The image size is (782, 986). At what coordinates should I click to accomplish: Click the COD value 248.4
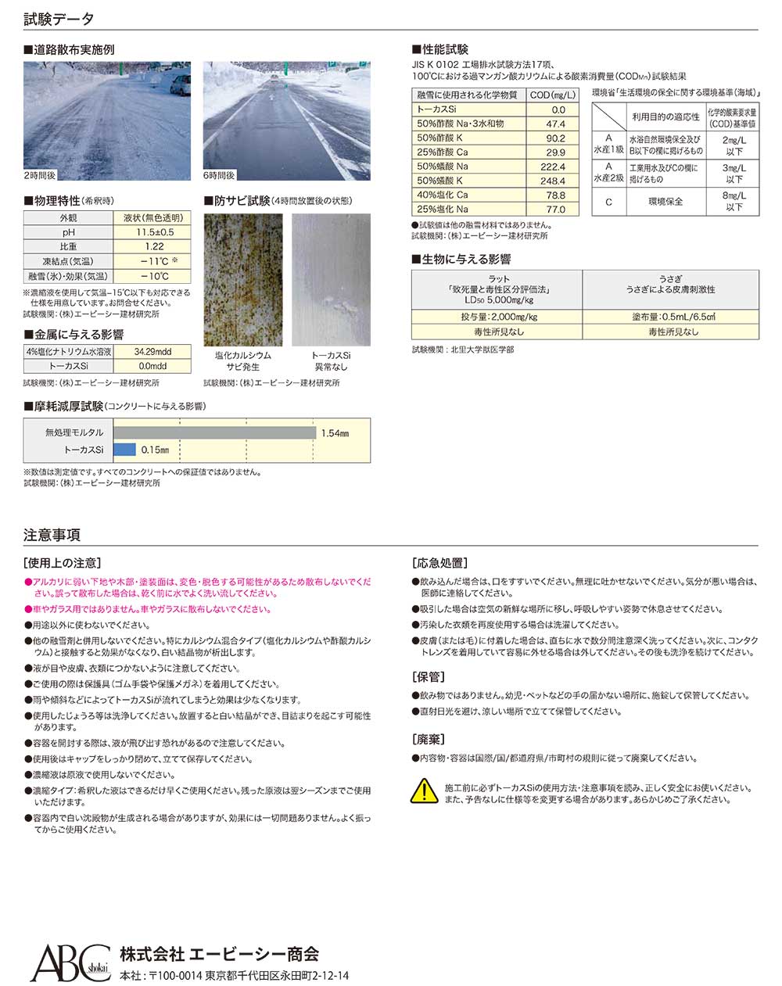pos(552,181)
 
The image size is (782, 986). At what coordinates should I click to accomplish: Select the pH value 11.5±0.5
pos(154,232)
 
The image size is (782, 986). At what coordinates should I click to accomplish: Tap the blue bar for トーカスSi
pos(124,450)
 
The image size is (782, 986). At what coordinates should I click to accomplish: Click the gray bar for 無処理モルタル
pos(214,432)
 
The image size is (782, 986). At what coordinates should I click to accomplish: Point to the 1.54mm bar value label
pos(334,433)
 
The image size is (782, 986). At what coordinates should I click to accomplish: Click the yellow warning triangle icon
pos(424,791)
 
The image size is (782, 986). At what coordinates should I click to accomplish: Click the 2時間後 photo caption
pos(39,176)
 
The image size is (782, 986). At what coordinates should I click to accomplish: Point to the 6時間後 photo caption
pos(219,176)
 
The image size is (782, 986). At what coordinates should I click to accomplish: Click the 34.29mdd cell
pos(152,351)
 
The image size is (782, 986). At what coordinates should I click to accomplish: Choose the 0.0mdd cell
pos(152,365)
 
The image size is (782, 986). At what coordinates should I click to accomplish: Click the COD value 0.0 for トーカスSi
pos(557,110)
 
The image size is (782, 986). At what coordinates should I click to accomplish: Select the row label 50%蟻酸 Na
pos(443,167)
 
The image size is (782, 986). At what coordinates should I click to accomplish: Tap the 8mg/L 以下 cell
pos(734,201)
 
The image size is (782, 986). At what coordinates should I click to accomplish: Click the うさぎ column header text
pos(670,278)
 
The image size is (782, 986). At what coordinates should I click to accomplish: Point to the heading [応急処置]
pos(439,562)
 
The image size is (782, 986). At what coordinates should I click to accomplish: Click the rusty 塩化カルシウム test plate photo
pos(243,279)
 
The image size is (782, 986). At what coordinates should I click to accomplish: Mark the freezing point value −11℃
pos(152,261)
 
